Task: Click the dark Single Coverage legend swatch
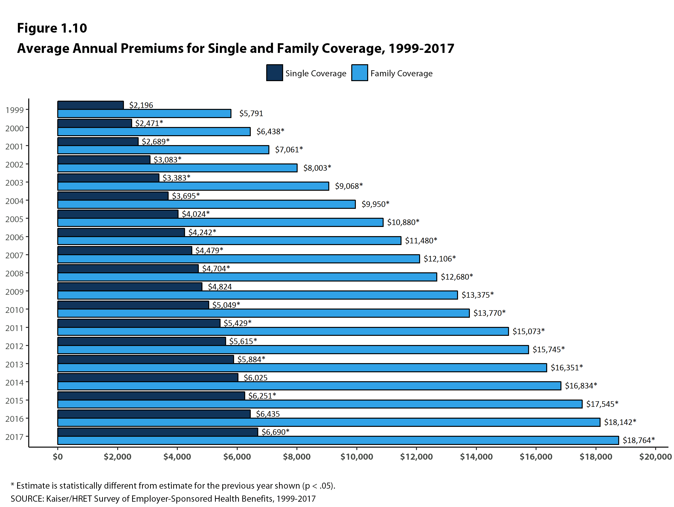274,73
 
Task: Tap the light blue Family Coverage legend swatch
359,73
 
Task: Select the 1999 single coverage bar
91,105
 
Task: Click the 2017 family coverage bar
338,440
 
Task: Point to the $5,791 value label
251,113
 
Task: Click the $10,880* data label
403,222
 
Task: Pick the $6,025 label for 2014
255,378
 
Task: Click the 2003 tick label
14,183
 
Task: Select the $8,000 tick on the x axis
296,457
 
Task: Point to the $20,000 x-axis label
655,457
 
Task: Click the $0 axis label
57,457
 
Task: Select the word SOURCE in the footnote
27,499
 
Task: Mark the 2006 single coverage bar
121,232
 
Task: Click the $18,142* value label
620,422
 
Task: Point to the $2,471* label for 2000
149,123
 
